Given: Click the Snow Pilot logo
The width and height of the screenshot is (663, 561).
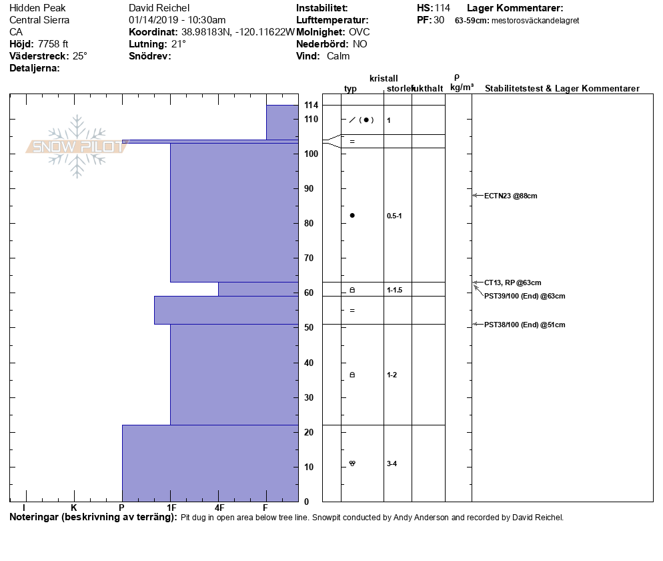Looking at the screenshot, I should coord(77,146).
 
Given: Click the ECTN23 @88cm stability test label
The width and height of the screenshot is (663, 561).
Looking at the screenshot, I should coord(510,196).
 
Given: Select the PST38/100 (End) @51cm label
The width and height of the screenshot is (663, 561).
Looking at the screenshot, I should coord(524,325).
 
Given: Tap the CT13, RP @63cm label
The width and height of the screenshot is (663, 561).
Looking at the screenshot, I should coord(512,283).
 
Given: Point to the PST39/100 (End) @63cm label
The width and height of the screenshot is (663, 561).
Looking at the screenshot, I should coord(524,296).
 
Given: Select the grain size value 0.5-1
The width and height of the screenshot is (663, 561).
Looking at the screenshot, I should coord(394,216).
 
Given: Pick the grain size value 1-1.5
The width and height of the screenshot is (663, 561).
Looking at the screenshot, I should coord(394,290).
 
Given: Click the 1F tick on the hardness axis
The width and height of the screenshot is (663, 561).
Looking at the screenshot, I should coord(171,508).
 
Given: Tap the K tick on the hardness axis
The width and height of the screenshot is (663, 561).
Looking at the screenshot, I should coord(74,508).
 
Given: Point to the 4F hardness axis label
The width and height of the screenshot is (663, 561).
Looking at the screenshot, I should coord(219,508).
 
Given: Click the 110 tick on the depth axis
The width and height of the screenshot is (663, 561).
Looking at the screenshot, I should coord(311,119).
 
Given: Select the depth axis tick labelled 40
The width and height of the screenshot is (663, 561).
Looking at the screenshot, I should coord(309,363).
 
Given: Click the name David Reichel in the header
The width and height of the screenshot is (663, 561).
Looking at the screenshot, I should coord(159,8).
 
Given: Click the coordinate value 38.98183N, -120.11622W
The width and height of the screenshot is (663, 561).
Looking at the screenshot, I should coord(238,32).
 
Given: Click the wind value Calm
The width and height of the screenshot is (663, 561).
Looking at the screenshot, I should coord(338,56).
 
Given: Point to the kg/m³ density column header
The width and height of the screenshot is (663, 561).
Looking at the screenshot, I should coord(462,87).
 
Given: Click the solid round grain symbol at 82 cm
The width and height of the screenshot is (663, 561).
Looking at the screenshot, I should coord(352,215).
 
